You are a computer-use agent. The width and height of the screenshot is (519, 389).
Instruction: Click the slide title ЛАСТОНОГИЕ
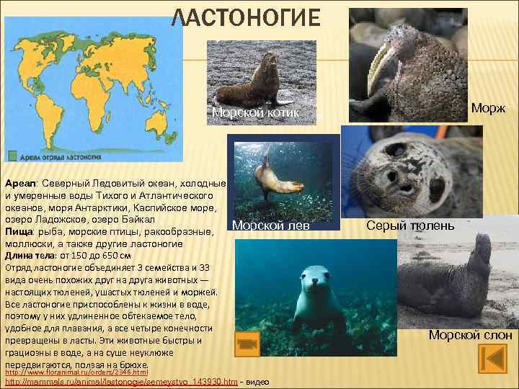[245, 18]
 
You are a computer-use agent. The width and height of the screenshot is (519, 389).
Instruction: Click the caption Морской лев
[271, 225]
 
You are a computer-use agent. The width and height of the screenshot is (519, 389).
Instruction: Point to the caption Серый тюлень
[410, 225]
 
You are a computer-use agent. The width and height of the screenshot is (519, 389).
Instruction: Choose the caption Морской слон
[470, 334]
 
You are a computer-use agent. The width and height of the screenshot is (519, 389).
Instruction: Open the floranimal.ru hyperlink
[76, 372]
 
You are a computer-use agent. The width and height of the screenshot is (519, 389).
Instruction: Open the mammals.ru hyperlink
[121, 381]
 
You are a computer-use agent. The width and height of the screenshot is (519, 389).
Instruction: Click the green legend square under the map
[14, 154]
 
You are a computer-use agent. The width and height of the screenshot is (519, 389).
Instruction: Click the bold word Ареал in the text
[19, 184]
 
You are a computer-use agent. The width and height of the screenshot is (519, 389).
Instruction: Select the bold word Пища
[19, 231]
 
